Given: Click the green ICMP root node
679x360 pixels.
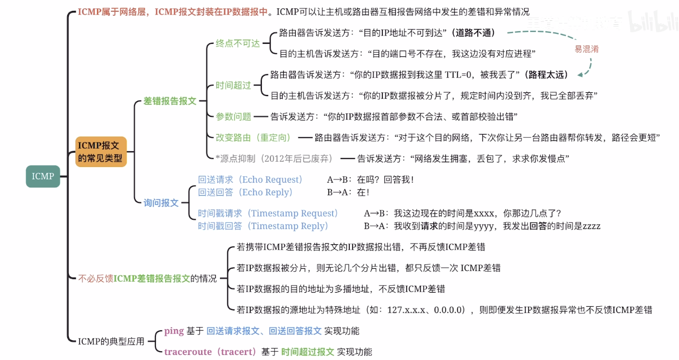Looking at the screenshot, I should pyautogui.click(x=43, y=176).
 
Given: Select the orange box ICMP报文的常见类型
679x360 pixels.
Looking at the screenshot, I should pyautogui.click(x=101, y=152).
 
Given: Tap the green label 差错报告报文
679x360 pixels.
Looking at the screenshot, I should pyautogui.click(x=170, y=101).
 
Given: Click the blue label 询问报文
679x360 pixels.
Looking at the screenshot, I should pyautogui.click(x=161, y=202).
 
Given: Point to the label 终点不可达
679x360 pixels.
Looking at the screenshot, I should pyautogui.click(x=238, y=43).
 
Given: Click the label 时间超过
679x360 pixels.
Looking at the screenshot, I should pyautogui.click(x=234, y=86).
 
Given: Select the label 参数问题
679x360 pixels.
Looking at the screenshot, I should pyautogui.click(x=234, y=116).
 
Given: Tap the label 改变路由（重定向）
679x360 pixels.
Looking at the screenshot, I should pyautogui.click(x=254, y=138).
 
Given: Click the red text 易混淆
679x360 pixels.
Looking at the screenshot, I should pyautogui.click(x=587, y=50).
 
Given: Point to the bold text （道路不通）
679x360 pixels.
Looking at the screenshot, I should pyautogui.click(x=473, y=33).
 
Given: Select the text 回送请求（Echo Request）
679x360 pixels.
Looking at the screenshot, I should pyautogui.click(x=250, y=179).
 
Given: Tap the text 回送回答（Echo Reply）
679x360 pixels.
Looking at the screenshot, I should pyautogui.click(x=246, y=193).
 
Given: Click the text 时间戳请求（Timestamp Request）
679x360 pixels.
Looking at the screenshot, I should pyautogui.click(x=269, y=213).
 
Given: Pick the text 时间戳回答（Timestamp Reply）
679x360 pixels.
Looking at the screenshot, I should pyautogui.click(x=263, y=226).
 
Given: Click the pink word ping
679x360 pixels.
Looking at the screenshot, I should pyautogui.click(x=174, y=331).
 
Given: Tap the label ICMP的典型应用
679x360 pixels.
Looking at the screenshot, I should pyautogui.click(x=111, y=342).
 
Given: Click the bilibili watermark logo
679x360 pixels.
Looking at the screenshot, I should pyautogui.click(x=651, y=22).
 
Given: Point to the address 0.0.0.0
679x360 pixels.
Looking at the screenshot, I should pyautogui.click(x=448, y=309).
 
